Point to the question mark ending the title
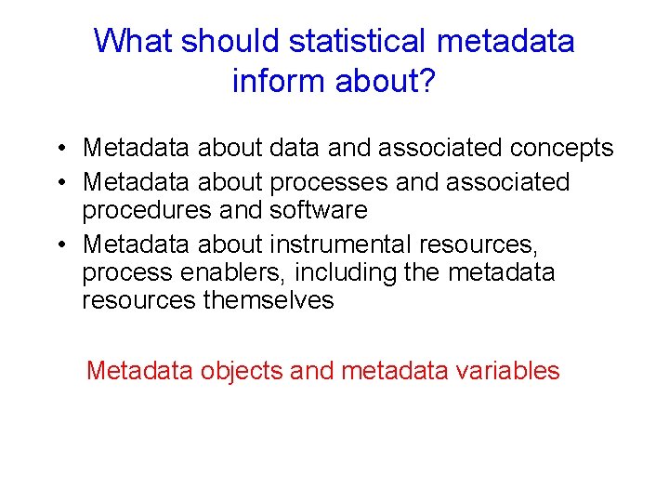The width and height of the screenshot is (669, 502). [x=426, y=82]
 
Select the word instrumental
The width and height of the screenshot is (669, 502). [x=341, y=244]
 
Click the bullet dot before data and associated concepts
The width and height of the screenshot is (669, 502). [x=59, y=149]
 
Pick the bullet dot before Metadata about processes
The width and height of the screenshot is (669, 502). [x=59, y=182]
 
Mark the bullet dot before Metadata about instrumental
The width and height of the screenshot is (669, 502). [x=59, y=245]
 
